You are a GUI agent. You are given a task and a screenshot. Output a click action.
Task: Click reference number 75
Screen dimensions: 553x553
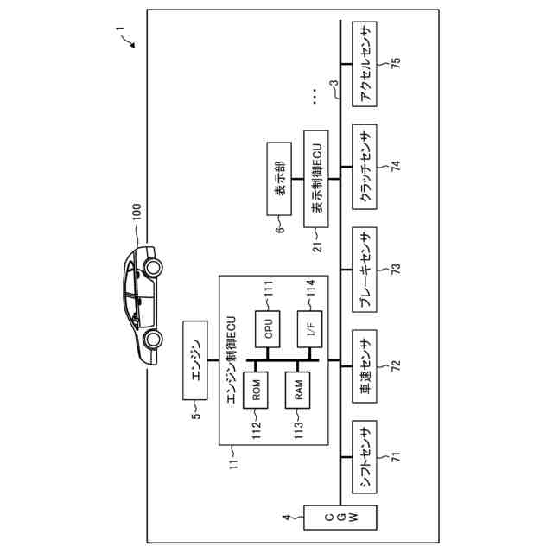[396, 65]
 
